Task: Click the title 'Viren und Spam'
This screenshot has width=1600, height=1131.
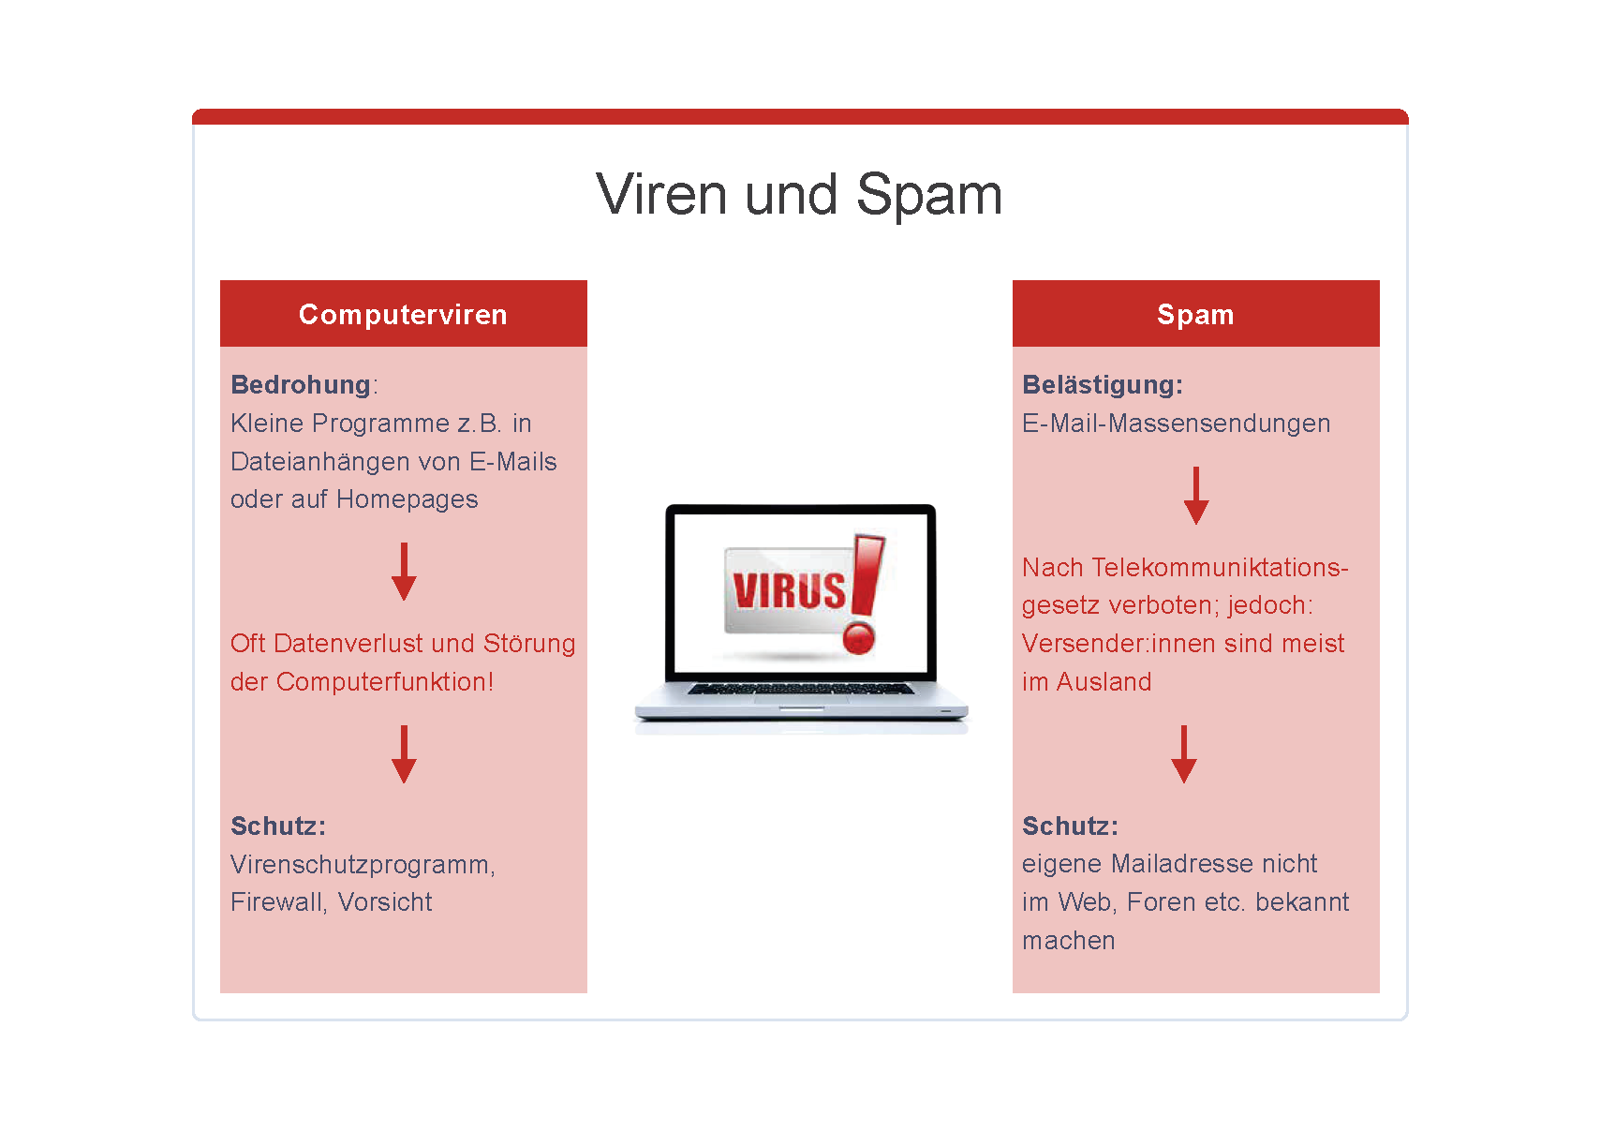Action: (799, 194)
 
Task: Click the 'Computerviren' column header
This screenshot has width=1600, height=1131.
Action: (403, 314)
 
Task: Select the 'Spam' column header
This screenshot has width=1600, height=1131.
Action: (1195, 315)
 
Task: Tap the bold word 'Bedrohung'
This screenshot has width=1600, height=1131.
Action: (301, 385)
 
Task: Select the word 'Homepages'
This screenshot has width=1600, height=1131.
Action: (407, 500)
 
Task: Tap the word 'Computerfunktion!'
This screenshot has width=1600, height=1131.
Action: (385, 681)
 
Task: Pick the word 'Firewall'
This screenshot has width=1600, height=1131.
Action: (278, 902)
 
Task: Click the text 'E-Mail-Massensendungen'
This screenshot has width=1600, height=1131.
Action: (1177, 424)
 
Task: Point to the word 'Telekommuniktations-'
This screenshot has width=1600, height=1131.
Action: (1220, 567)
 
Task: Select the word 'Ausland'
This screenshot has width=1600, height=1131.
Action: (1104, 681)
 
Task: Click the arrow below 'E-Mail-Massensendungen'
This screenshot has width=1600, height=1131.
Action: (1196, 496)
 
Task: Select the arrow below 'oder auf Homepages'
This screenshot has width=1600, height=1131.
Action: (405, 572)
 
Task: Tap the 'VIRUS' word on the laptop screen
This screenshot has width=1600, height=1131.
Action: (789, 590)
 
